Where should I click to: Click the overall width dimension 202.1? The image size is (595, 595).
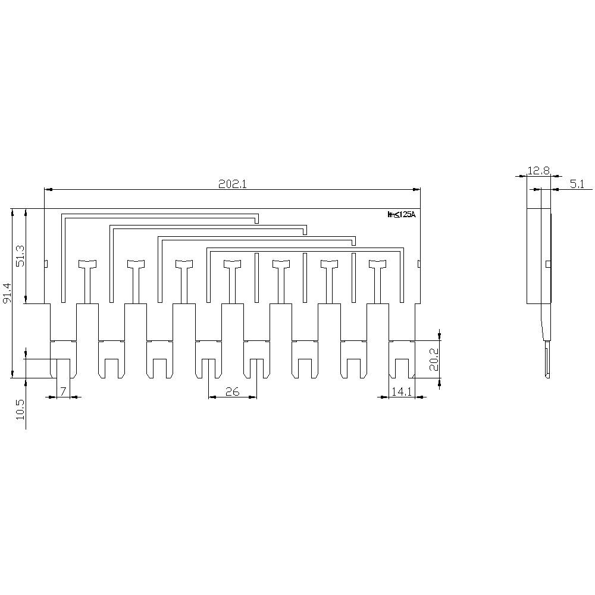[x=232, y=184]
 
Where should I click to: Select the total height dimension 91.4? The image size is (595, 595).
[x=7, y=293]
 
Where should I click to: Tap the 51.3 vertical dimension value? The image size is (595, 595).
[x=20, y=256]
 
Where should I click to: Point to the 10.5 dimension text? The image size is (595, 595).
[x=20, y=411]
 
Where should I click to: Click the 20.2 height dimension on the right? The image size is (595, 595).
[x=434, y=359]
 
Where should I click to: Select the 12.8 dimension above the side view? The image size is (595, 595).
[x=538, y=171]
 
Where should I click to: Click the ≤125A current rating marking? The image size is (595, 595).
[x=402, y=215]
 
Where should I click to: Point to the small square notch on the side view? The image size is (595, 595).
[x=548, y=264]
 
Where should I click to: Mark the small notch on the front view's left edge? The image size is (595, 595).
[x=46, y=264]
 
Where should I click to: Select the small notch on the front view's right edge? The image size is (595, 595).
[x=418, y=264]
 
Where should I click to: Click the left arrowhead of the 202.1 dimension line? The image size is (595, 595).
[x=48, y=190]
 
